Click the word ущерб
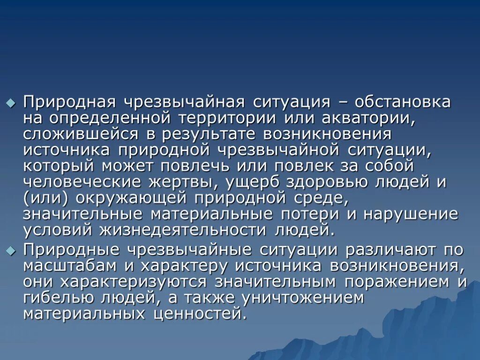click(250, 182)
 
